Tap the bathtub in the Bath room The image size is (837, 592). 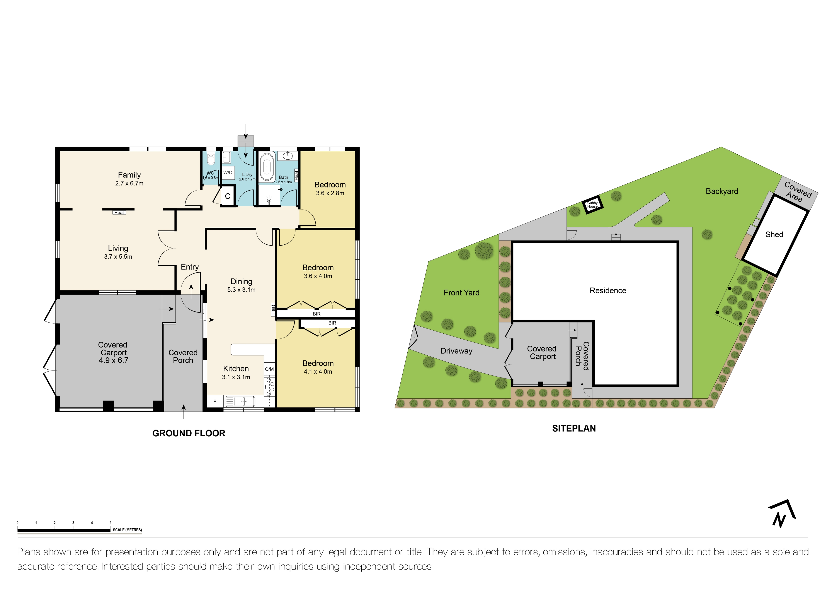tap(267, 167)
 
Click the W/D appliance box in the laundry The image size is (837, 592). tap(228, 173)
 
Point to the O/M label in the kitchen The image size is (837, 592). tap(269, 369)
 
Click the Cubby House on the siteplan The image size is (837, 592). tap(592, 205)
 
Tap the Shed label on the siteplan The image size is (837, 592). tap(774, 235)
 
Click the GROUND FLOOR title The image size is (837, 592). tap(189, 433)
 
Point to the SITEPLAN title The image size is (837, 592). tap(574, 429)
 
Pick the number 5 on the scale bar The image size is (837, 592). tap(111, 523)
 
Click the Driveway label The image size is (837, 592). tap(456, 351)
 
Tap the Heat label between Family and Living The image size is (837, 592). tap(119, 213)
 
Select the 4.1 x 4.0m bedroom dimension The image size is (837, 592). tap(318, 372)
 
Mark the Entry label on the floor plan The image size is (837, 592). tap(190, 267)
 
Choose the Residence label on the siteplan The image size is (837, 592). tap(608, 291)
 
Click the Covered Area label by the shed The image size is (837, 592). tap(796, 192)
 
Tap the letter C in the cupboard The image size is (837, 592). tap(228, 196)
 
